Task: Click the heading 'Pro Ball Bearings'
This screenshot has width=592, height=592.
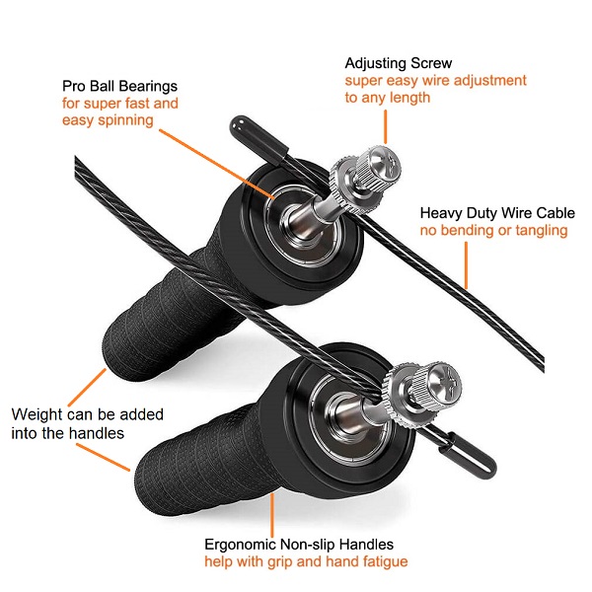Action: [119, 87]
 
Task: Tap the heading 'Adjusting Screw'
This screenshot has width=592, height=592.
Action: [399, 63]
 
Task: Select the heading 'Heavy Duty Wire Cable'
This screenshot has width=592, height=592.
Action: [497, 213]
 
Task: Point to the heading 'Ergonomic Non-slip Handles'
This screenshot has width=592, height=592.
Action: [299, 545]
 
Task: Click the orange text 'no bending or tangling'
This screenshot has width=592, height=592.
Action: [494, 230]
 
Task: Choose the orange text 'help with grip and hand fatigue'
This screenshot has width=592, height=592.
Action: [306, 561]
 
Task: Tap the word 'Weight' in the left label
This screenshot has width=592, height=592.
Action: [37, 414]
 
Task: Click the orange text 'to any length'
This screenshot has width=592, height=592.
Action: [388, 98]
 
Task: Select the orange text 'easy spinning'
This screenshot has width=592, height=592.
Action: [108, 120]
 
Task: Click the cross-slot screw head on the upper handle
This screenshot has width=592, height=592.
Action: [385, 164]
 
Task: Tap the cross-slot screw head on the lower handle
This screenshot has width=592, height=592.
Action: [446, 379]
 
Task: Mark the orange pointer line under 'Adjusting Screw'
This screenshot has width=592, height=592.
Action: [386, 127]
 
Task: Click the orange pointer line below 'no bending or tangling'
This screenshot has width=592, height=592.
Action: [467, 265]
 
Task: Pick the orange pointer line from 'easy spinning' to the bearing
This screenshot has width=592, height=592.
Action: [217, 164]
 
